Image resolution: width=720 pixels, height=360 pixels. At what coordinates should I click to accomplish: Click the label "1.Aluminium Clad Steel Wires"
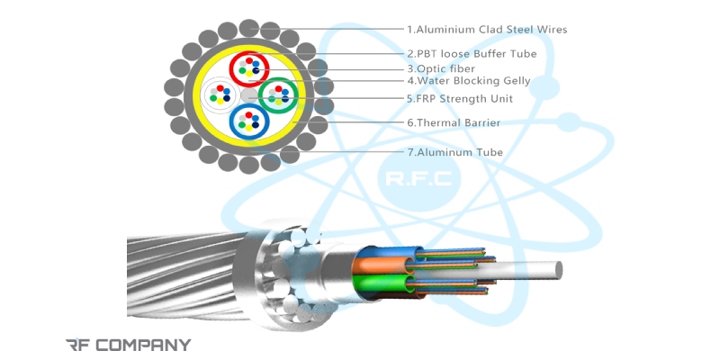486,30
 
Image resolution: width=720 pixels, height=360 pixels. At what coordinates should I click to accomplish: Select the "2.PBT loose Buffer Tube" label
471,54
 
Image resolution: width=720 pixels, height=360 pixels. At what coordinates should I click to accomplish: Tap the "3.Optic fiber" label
441,68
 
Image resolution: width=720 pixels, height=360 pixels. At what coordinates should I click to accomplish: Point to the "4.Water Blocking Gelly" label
468,81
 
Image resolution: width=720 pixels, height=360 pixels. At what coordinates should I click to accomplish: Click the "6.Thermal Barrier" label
453,122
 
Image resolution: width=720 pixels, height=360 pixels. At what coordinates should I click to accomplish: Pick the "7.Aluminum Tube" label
454,152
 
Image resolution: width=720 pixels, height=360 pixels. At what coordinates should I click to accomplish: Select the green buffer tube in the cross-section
276,94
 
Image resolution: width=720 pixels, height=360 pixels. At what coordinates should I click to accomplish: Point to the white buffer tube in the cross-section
220,94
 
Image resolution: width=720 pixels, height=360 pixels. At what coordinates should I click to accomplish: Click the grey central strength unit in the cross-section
248,94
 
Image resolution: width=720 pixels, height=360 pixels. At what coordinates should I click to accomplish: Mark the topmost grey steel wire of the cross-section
249,27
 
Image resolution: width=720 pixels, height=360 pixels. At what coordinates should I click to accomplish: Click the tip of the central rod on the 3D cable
558,268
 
